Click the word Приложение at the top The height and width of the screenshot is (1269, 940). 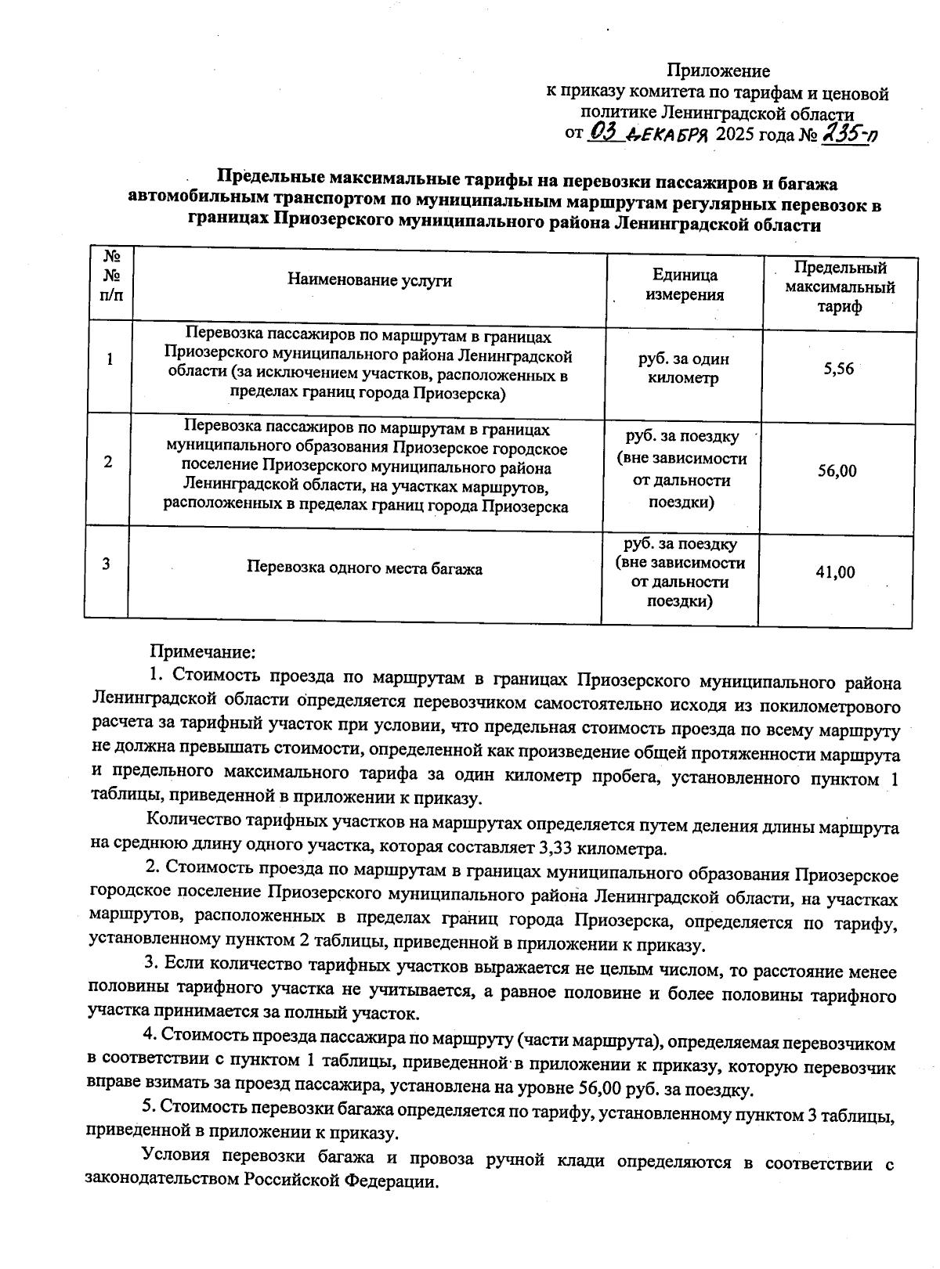718,71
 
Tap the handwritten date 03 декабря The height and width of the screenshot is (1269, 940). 648,133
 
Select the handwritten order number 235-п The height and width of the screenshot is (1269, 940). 848,134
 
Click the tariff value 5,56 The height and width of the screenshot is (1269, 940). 838,369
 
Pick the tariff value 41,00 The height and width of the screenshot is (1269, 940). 835,572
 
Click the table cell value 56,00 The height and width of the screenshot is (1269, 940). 837,470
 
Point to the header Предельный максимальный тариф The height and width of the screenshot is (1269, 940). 840,287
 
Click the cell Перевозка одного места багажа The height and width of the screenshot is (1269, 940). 364,568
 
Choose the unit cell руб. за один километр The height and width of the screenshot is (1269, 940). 684,369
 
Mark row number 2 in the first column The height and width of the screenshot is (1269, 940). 107,462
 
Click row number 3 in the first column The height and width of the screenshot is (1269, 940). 106,564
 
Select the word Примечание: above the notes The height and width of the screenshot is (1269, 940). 203,651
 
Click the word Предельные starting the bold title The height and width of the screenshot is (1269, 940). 267,183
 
